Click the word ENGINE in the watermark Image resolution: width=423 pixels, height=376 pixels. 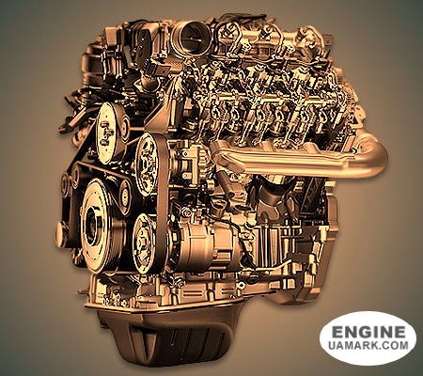[x=368, y=332]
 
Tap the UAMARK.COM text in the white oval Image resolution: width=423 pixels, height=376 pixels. [x=368, y=345]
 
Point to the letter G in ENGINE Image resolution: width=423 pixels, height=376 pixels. [x=368, y=332]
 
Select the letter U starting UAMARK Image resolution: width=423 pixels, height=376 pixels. [x=333, y=345]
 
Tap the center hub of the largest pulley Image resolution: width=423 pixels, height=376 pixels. [x=93, y=225]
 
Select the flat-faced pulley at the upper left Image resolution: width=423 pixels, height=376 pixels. [x=108, y=133]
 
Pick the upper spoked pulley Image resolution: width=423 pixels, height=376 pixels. [x=147, y=164]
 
